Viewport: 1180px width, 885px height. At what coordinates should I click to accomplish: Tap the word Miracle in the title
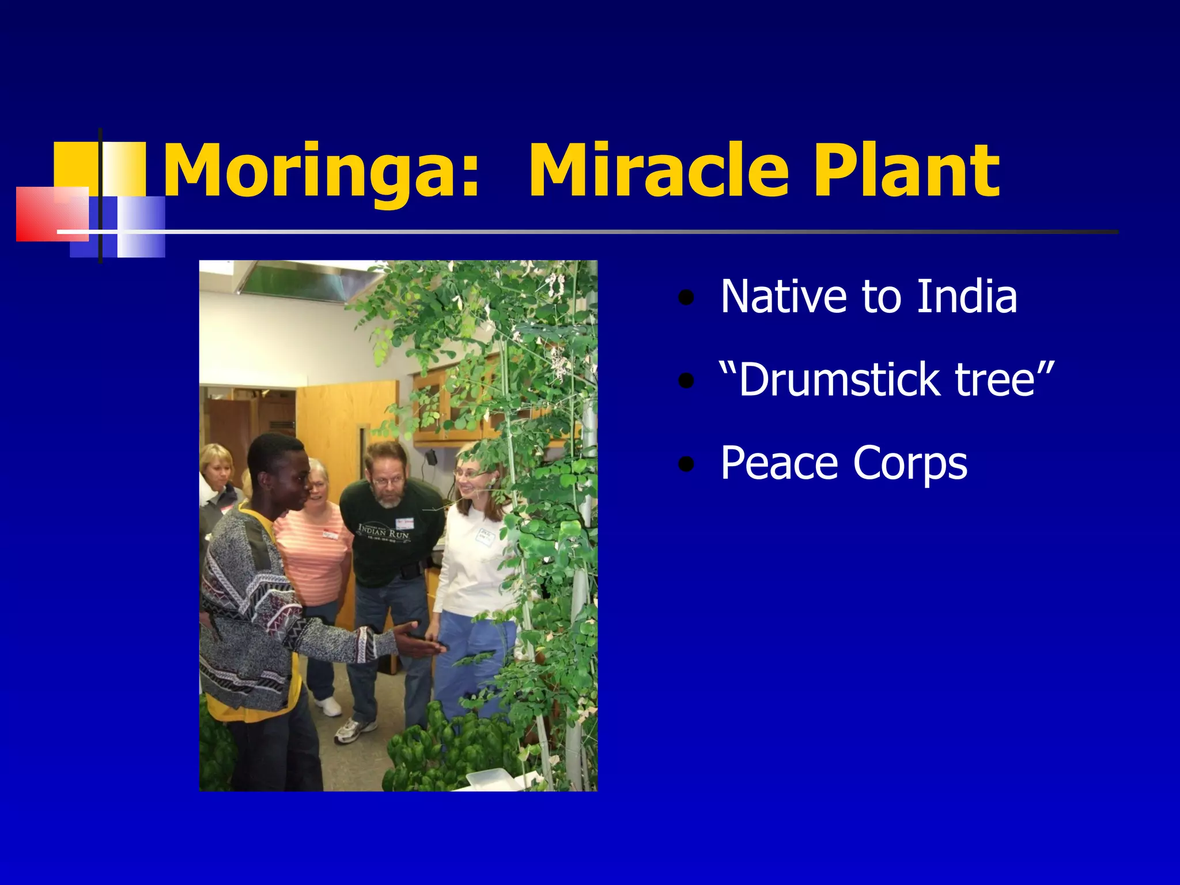click(658, 172)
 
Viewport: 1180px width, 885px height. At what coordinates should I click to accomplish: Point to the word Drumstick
click(830, 380)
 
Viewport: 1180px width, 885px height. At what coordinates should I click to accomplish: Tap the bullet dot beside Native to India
click(686, 298)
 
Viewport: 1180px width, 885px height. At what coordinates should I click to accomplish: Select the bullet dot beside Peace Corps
click(686, 464)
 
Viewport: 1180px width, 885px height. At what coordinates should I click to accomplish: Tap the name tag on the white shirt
click(485, 536)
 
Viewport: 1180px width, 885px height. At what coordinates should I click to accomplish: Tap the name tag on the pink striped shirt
click(331, 534)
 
